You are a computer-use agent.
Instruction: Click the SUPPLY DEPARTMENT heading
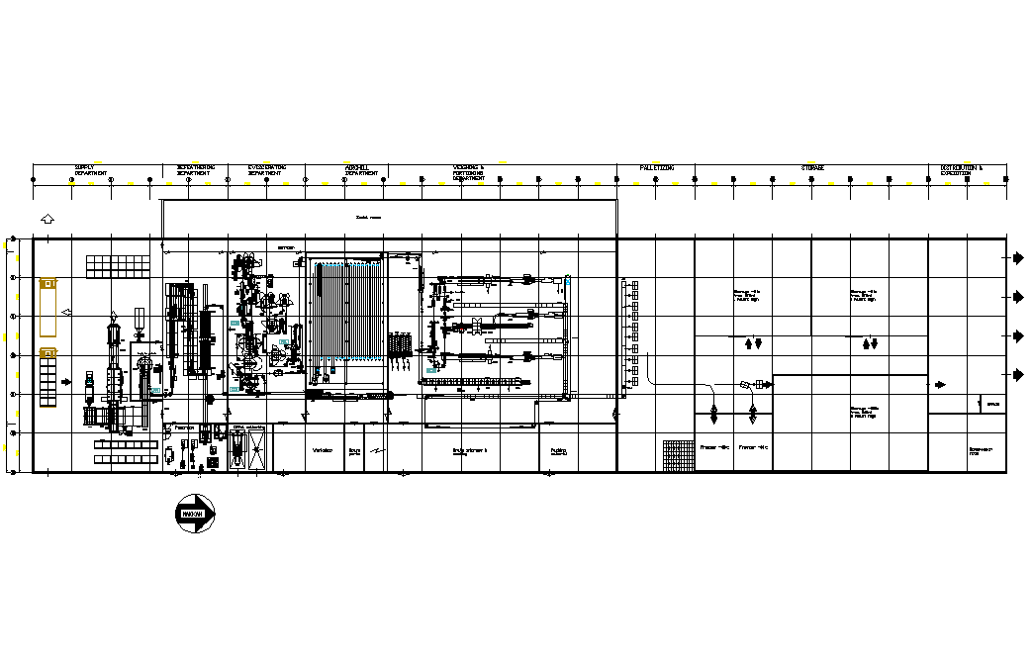91,170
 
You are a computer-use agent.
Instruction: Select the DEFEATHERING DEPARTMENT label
195,170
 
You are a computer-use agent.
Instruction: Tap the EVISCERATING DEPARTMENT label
266,170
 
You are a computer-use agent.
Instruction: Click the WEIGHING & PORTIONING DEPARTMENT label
468,172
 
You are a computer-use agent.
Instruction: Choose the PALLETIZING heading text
656,168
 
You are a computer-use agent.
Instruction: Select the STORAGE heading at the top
812,168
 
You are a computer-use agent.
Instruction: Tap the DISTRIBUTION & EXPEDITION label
961,170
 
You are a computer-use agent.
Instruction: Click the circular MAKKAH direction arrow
196,515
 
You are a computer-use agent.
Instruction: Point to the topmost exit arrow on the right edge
1017,258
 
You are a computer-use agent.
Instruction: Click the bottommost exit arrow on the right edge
1017,374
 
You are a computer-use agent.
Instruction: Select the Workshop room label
322,450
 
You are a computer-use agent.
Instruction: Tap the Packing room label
558,451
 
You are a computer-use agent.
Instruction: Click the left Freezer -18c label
714,447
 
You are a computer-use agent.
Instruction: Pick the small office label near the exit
993,404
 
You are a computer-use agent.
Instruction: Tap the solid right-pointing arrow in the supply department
66,381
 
